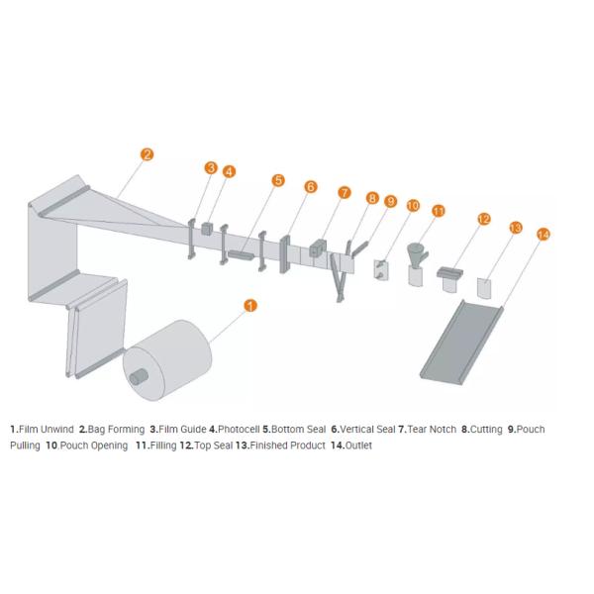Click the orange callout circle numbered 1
click(x=250, y=305)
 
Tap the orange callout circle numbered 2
click(x=147, y=154)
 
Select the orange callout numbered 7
click(x=344, y=193)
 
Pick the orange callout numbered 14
click(x=544, y=235)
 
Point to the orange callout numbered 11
click(x=439, y=211)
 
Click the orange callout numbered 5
click(x=278, y=180)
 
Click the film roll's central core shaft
click(x=139, y=377)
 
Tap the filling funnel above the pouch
click(x=417, y=253)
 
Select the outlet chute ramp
click(x=461, y=343)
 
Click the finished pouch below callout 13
click(x=484, y=288)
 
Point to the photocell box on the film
click(x=207, y=229)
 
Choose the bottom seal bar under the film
click(x=241, y=255)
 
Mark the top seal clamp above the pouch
click(x=450, y=272)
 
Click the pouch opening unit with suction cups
click(x=381, y=269)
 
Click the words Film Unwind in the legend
click(x=47, y=430)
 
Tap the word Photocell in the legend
click(x=239, y=430)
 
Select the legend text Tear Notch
click(x=432, y=430)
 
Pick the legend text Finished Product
click(x=287, y=445)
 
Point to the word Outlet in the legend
click(x=358, y=445)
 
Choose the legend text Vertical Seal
click(x=367, y=430)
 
